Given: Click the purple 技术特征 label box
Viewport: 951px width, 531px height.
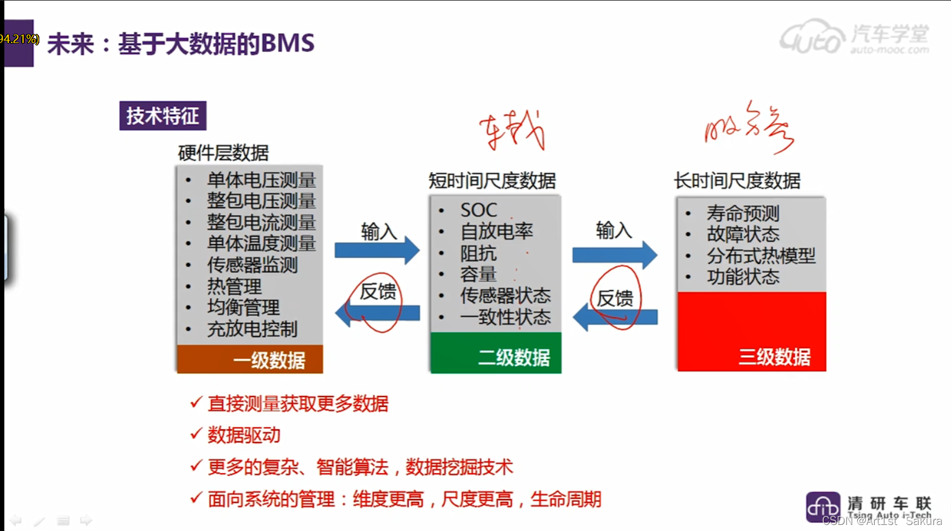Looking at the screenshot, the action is point(162,116).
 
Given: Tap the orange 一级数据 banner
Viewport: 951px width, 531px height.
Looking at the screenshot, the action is point(249,360).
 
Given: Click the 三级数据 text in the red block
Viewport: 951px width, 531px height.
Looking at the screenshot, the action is point(774,357).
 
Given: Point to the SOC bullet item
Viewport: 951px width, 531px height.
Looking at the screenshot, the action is point(478,210).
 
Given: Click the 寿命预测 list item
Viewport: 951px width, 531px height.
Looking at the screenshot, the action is point(743,213).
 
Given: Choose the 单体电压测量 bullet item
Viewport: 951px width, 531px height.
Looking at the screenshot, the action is point(261,180).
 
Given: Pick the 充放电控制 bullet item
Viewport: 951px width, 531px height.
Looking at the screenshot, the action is point(252,329).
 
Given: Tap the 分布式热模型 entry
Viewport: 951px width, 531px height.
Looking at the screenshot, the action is point(761,256).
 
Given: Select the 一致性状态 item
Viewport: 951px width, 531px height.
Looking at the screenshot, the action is point(505,317).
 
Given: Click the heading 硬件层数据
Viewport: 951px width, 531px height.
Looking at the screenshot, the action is point(223,153).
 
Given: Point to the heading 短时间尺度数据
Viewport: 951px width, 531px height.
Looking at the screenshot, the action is point(492,180).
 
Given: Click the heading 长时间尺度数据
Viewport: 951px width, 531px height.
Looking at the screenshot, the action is point(737,180).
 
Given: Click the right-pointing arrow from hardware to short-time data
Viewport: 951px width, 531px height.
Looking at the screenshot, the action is point(377,249).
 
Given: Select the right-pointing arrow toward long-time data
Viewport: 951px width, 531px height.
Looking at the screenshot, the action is point(614,255).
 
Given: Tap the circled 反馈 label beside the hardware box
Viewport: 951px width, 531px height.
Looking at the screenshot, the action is point(378,292).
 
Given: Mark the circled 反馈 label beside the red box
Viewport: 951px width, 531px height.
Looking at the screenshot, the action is point(615,298).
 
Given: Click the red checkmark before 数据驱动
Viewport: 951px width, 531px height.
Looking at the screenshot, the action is point(196,434).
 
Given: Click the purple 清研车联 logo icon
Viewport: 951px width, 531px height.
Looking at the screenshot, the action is point(823,507).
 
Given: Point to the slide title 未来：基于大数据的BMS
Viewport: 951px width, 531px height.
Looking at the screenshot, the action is point(180,44).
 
